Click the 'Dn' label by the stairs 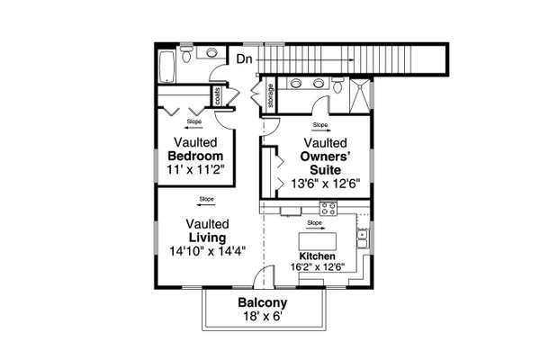pos(245,60)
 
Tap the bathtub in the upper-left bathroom pos(166,65)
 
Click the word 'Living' pos(207,238)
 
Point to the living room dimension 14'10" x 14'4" pos(207,251)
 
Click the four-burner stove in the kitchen pos(328,209)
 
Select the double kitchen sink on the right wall pos(362,238)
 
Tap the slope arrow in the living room pos(207,204)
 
